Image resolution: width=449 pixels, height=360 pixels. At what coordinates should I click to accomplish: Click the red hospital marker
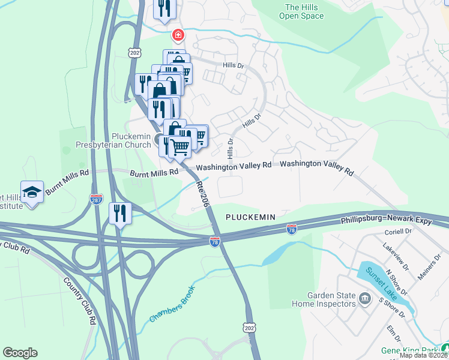[178, 36]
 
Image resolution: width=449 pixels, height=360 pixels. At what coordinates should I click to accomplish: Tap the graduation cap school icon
[32, 192]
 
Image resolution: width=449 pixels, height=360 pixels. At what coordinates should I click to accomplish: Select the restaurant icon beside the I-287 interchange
[120, 213]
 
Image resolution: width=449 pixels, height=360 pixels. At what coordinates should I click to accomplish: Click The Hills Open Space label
[301, 11]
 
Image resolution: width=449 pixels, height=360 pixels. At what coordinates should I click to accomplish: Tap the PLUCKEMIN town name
[250, 217]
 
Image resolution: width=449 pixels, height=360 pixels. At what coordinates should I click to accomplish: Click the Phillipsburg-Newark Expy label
[394, 221]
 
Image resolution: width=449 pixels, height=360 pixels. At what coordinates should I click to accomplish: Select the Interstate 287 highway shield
[96, 199]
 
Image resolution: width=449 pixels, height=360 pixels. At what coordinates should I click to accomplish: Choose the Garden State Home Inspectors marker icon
[364, 299]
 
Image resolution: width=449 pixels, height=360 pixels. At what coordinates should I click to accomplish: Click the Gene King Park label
[409, 350]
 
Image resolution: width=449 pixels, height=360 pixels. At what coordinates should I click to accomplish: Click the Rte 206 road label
[203, 195]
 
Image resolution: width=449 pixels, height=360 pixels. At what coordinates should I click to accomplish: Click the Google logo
[20, 353]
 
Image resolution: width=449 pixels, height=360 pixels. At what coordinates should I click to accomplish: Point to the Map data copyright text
[424, 355]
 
